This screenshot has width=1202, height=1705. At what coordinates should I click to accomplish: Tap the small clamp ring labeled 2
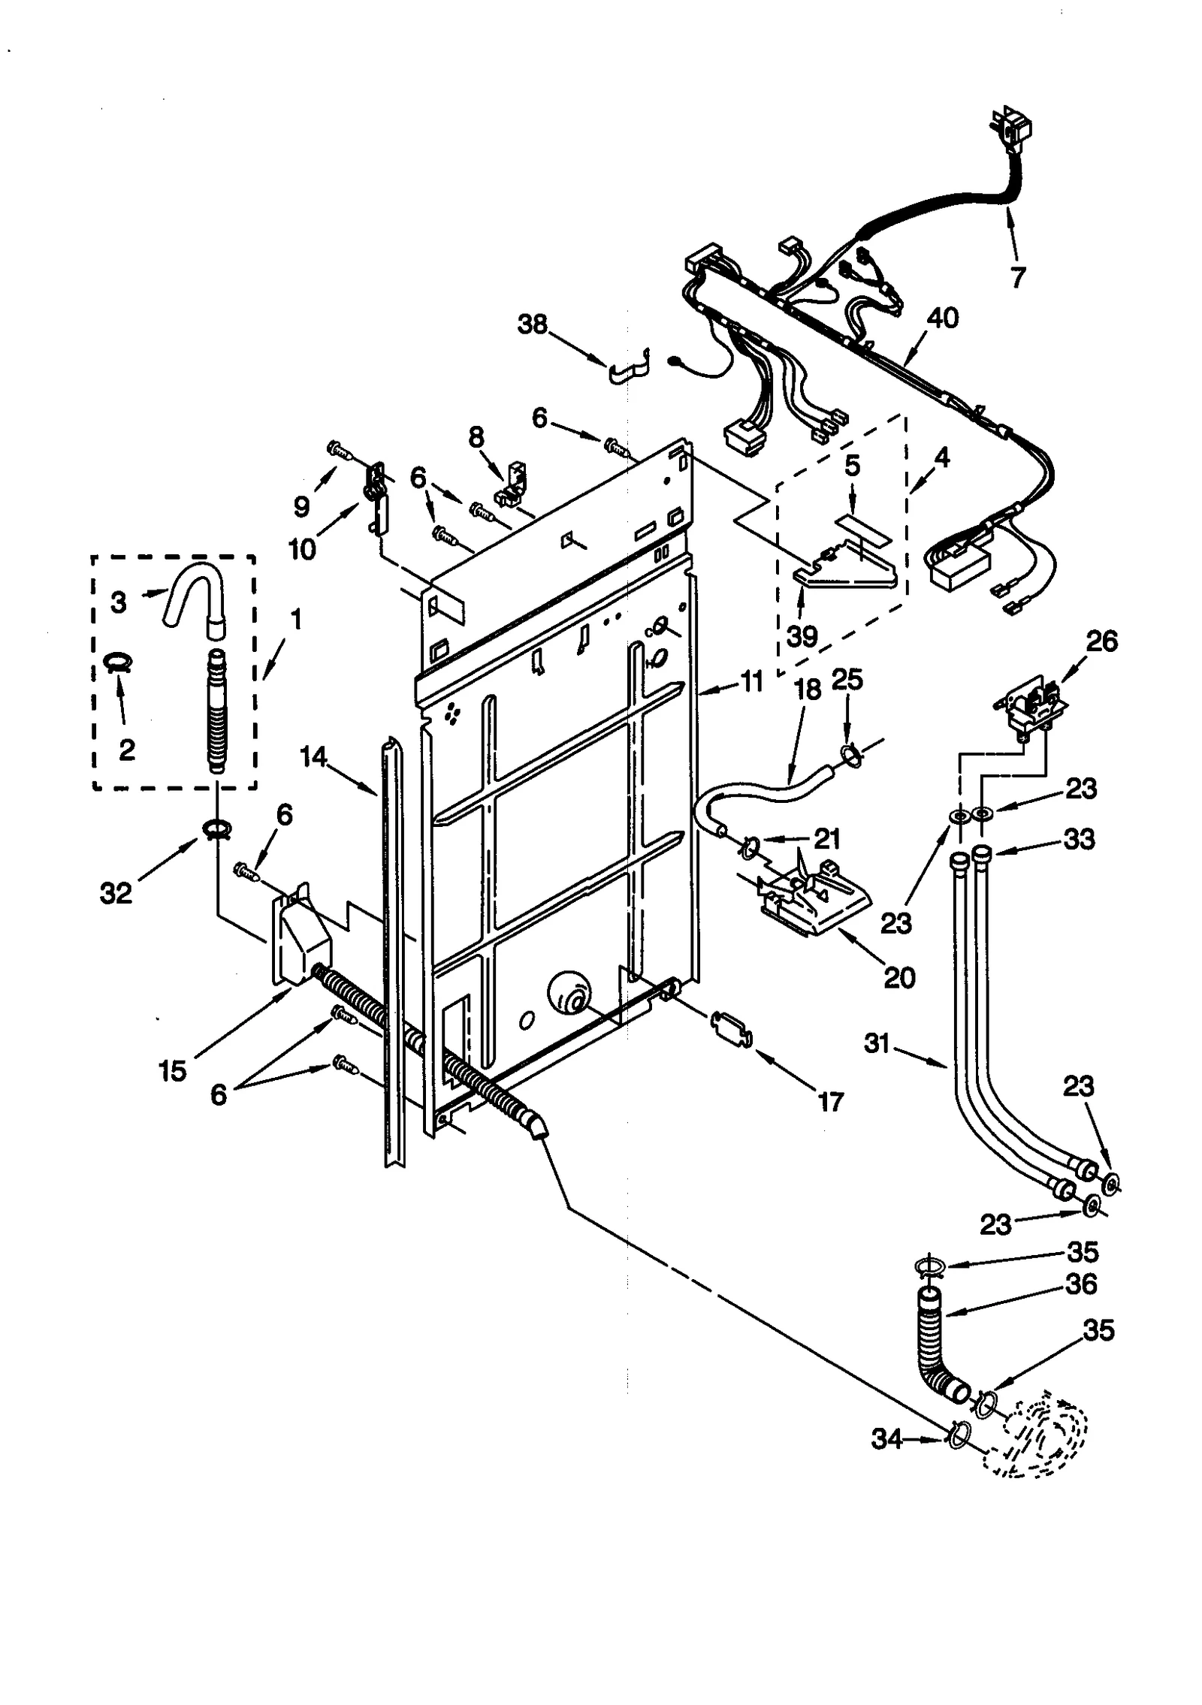click(118, 661)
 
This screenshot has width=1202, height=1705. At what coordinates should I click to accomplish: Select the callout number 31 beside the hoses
click(877, 1043)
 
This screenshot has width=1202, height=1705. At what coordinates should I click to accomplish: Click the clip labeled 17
click(730, 1028)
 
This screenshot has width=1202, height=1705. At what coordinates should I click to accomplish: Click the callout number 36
click(1081, 1284)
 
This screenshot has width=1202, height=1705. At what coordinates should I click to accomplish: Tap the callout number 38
click(533, 325)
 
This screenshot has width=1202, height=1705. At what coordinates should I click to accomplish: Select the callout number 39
click(802, 636)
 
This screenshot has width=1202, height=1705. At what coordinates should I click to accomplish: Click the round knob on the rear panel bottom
click(569, 991)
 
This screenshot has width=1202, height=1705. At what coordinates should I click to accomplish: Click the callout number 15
click(172, 1070)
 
